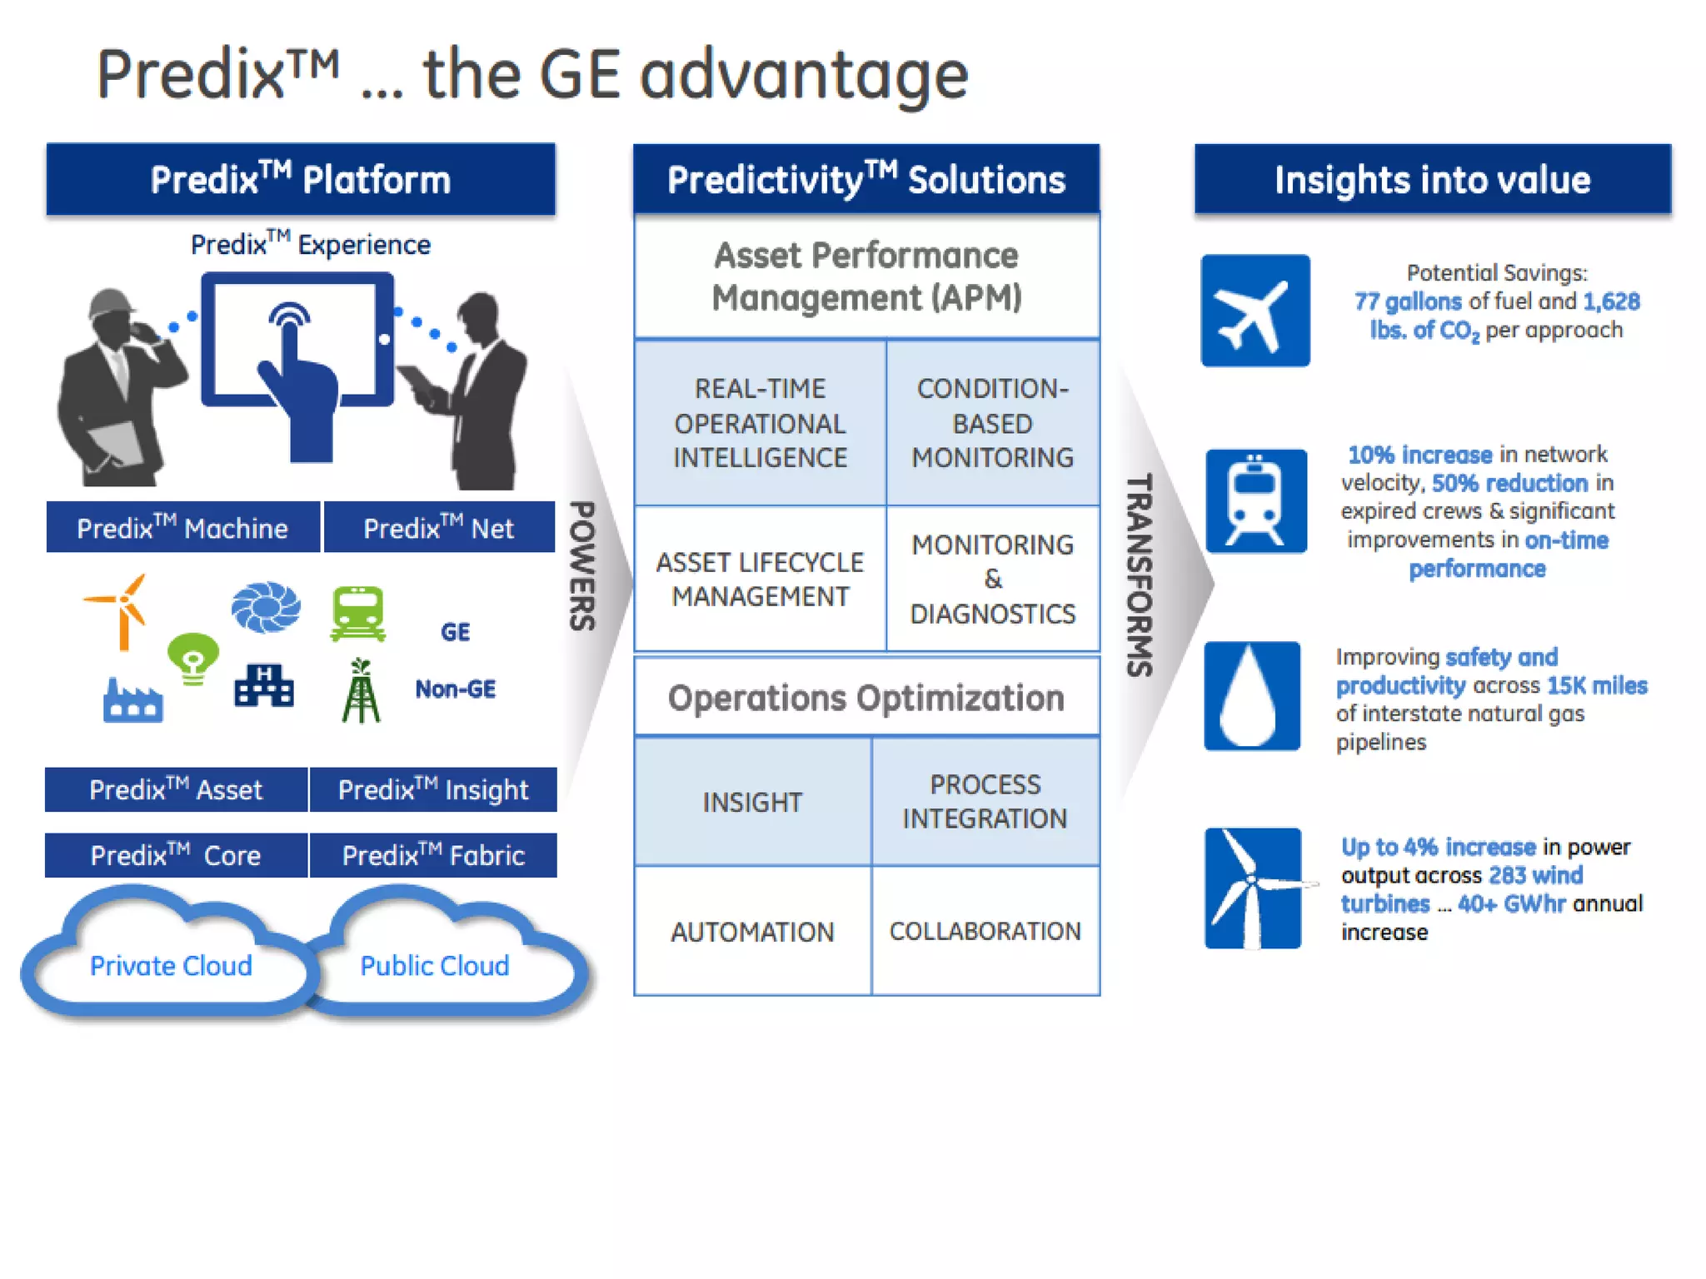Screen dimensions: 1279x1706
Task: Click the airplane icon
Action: (x=1255, y=311)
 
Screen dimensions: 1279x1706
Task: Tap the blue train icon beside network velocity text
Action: (x=1255, y=501)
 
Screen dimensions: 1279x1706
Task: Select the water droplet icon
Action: (x=1251, y=696)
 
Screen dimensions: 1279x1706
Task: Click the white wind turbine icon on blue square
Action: (x=1252, y=888)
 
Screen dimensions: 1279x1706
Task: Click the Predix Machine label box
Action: (x=182, y=527)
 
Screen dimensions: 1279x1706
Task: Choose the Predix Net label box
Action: (x=439, y=527)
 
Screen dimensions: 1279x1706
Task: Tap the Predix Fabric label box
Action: (x=433, y=855)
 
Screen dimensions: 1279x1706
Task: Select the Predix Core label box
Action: (x=176, y=855)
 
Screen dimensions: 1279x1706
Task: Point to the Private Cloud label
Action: (x=171, y=966)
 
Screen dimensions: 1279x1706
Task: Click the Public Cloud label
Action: (x=434, y=966)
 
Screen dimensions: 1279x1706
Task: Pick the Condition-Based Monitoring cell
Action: (x=992, y=423)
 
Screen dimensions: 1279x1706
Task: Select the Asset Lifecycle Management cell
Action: (x=760, y=579)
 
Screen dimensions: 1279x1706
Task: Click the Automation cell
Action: (x=752, y=931)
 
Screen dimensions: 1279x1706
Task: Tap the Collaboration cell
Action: (x=985, y=931)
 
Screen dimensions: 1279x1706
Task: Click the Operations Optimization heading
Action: (x=865, y=698)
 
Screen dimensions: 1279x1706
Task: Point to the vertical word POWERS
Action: (x=582, y=566)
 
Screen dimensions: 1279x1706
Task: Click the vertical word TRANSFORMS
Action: (x=1139, y=575)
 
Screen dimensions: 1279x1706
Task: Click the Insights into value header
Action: (x=1432, y=180)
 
